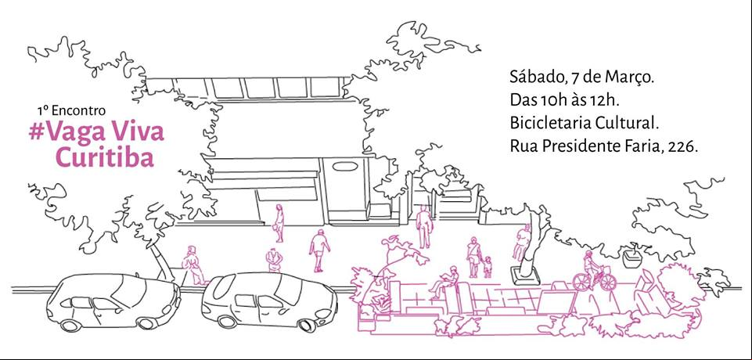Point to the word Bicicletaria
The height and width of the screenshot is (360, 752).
(550, 124)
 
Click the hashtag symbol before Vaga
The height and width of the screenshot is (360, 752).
(36, 132)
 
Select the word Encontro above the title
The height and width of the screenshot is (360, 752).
(78, 110)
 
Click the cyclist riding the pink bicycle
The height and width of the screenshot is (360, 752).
(592, 267)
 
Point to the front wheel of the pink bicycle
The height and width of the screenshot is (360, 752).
(608, 283)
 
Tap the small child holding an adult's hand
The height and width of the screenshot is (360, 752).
(488, 267)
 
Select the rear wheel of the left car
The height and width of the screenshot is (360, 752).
(71, 325)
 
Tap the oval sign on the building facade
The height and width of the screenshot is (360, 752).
(345, 166)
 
